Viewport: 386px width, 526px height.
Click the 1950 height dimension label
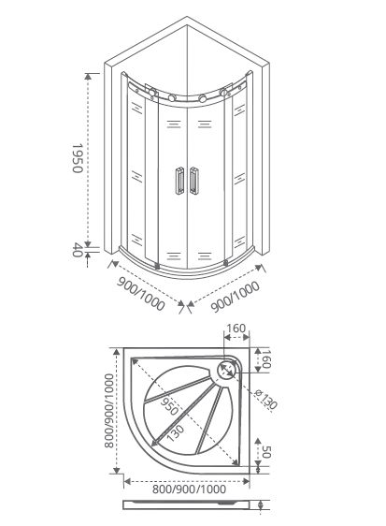click(78, 158)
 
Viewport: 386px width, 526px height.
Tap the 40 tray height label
click(78, 249)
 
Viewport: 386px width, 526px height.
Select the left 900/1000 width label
click(141, 294)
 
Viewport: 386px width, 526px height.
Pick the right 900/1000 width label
click(236, 297)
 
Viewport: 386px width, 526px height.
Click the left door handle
click(179, 181)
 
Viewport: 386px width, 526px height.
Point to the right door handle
click(194, 181)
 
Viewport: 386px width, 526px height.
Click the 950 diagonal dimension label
click(169, 406)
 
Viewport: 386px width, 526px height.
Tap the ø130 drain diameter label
click(265, 399)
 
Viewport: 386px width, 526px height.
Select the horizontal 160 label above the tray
click(236, 329)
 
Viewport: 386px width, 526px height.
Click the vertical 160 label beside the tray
click(265, 358)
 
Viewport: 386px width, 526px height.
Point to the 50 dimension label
click(265, 452)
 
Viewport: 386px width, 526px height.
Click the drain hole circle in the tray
click(227, 371)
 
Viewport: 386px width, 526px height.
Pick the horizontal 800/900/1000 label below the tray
click(189, 489)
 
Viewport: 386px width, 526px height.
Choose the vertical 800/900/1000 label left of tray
click(109, 411)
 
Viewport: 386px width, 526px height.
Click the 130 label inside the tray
click(175, 433)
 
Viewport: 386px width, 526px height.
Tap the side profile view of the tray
click(187, 504)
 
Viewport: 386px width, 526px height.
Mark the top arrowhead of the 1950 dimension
click(88, 76)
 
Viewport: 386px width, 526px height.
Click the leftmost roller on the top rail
click(152, 92)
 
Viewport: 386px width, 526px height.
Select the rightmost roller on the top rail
click(223, 92)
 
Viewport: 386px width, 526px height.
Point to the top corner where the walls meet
click(187, 16)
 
